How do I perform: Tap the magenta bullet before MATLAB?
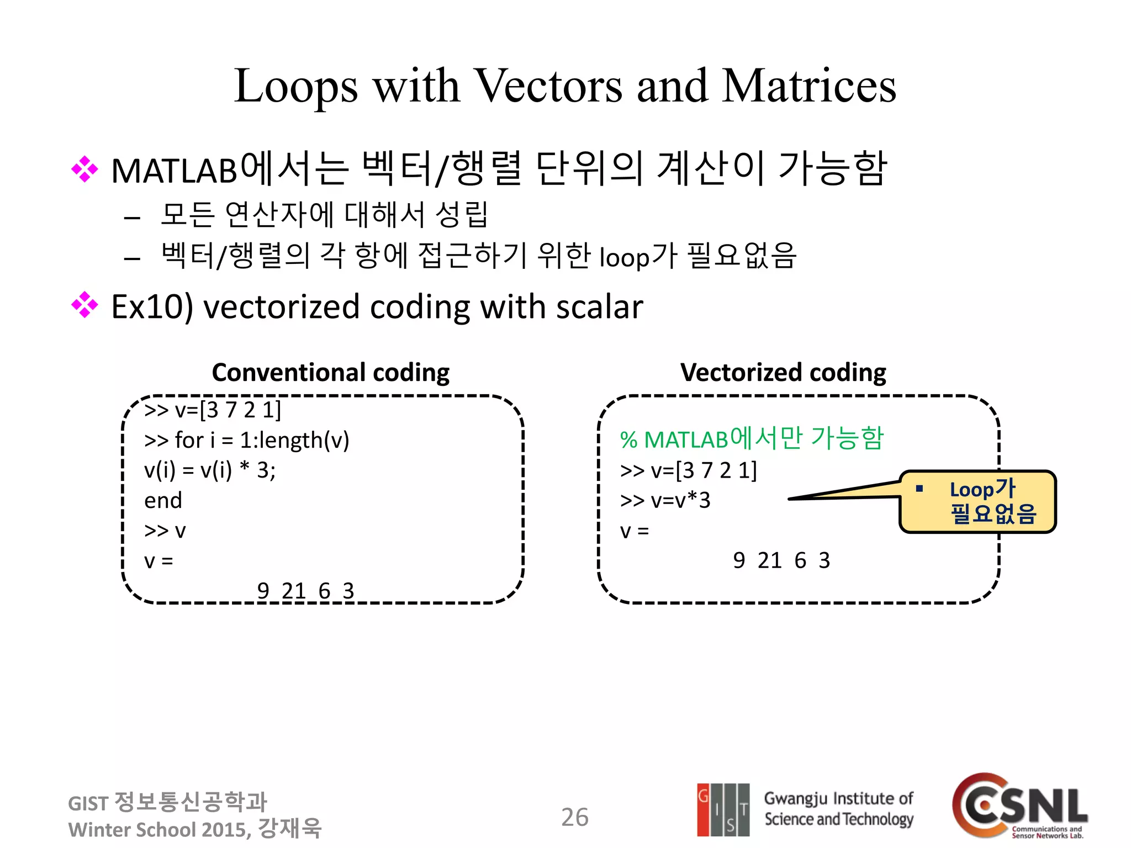pyautogui.click(x=84, y=169)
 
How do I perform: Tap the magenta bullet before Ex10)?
pyautogui.click(x=84, y=305)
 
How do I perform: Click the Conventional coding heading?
pyautogui.click(x=330, y=373)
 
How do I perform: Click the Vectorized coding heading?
pyautogui.click(x=783, y=373)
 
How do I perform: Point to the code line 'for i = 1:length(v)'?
pyautogui.click(x=246, y=441)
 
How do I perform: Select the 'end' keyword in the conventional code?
pyautogui.click(x=163, y=501)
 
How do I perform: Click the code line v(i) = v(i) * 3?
pyautogui.click(x=209, y=470)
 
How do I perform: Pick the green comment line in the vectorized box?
pyautogui.click(x=751, y=439)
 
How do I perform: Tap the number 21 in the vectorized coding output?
pyautogui.click(x=769, y=561)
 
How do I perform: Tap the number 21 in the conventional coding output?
pyautogui.click(x=293, y=591)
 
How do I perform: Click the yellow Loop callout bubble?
pyautogui.click(x=977, y=502)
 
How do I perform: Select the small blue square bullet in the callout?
pyautogui.click(x=919, y=489)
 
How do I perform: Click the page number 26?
pyautogui.click(x=574, y=817)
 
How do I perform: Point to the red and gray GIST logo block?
pyautogui.click(x=723, y=809)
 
